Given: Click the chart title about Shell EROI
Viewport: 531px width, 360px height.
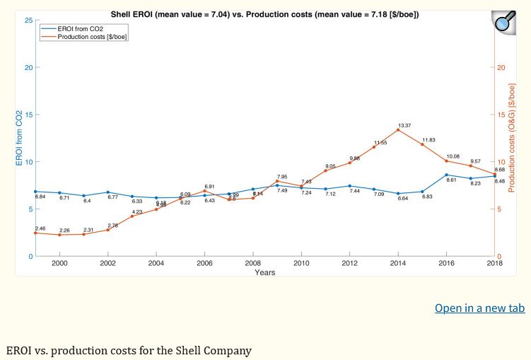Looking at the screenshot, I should pyautogui.click(x=264, y=14).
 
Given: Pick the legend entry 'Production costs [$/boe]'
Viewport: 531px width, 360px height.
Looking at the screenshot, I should pyautogui.click(x=93, y=37).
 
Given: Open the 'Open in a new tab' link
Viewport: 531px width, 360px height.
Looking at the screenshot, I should pyautogui.click(x=479, y=308).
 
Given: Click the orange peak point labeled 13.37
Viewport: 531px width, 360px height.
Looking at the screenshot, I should pyautogui.click(x=398, y=130).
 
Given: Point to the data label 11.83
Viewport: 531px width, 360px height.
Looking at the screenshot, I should pyautogui.click(x=428, y=139).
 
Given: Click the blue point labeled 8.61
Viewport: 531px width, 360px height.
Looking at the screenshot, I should pyautogui.click(x=447, y=175).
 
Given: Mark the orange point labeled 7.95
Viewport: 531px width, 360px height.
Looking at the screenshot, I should pyautogui.click(x=277, y=181).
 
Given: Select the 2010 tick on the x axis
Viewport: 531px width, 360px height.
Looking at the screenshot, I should pyautogui.click(x=301, y=263).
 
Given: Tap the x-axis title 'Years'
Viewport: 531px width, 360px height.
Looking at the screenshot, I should pyautogui.click(x=265, y=272).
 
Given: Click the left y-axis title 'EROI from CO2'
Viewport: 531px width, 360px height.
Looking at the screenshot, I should pyautogui.click(x=20, y=138).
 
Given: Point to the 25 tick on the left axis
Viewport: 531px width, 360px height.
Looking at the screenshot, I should pyautogui.click(x=28, y=21).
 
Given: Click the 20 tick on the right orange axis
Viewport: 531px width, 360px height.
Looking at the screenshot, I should pyautogui.click(x=501, y=68).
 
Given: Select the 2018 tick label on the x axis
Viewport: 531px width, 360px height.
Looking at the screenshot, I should pyautogui.click(x=494, y=263).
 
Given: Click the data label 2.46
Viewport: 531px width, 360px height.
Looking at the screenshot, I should pyautogui.click(x=40, y=228).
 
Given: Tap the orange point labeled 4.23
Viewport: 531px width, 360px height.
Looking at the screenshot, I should pyautogui.click(x=132, y=216).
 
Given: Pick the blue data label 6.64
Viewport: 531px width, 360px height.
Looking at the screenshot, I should pyautogui.click(x=403, y=199).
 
